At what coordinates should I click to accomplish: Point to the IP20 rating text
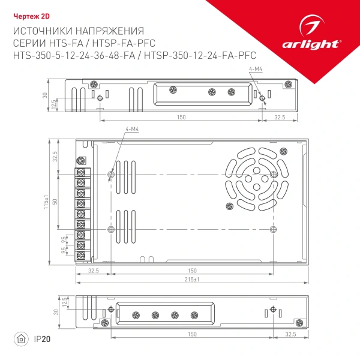coord(43,339)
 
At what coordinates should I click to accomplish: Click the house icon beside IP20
coord(20,339)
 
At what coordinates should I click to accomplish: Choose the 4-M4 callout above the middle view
coord(132,130)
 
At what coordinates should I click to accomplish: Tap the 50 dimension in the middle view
coord(55,202)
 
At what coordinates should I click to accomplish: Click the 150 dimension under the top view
coord(181,117)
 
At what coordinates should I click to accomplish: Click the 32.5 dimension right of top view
coord(280,117)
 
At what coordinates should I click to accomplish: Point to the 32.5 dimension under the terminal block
coord(93,271)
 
